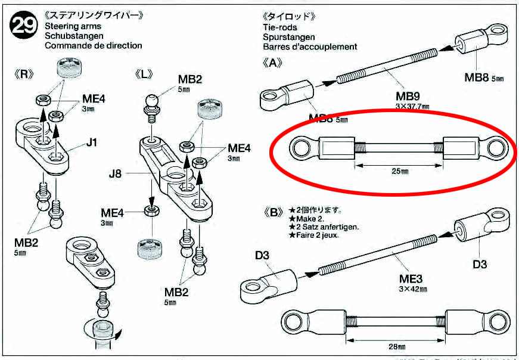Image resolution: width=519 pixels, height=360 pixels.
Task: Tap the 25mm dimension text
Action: (400, 172)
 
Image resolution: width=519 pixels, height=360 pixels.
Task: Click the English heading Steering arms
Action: (73, 26)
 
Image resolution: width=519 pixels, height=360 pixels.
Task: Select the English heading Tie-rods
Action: (279, 27)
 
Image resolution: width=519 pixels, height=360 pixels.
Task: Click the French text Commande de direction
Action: (94, 45)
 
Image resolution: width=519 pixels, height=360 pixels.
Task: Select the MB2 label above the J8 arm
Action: (191, 80)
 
